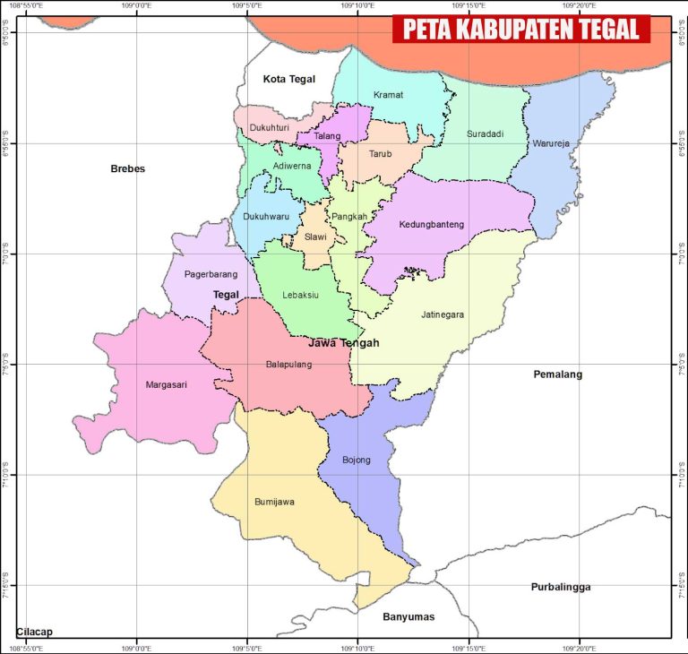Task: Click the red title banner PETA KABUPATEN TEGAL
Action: coord(520,30)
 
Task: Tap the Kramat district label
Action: coord(388,95)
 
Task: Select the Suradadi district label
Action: coord(485,134)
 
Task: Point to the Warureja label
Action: coord(550,143)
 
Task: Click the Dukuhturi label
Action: coord(269,128)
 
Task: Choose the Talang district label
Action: coord(327,135)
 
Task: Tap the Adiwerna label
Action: coord(292,166)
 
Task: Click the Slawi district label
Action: coord(315,237)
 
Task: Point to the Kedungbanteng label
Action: coord(432,225)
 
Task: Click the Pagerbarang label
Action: coord(211,274)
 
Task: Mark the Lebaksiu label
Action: coord(300,295)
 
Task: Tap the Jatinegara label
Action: coord(443,314)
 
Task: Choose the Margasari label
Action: coord(166,385)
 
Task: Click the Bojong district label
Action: coord(356,460)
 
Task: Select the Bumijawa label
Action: coord(274,503)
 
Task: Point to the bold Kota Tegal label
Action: coord(289,80)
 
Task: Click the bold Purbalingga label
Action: coord(560,587)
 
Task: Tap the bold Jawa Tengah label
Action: coord(343,343)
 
